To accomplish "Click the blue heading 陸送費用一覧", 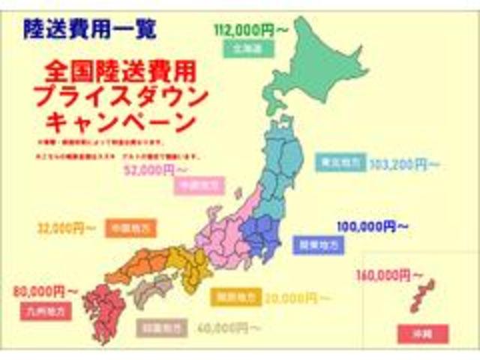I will tap(90, 31).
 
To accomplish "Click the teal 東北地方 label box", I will tap(341, 163).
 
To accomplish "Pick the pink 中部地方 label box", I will tap(195, 186).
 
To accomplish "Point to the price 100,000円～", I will tap(372, 225).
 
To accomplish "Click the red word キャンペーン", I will tap(120, 120).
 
